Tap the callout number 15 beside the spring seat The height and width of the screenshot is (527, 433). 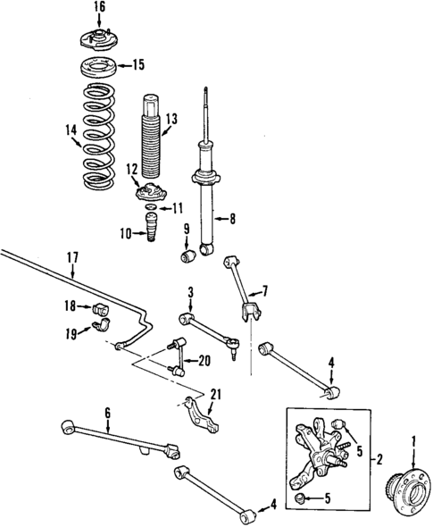point(138,64)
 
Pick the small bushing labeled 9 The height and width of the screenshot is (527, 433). point(187,258)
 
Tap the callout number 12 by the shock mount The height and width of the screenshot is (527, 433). point(132,169)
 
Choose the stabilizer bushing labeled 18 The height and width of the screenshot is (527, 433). point(100,309)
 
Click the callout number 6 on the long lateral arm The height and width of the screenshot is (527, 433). point(107,412)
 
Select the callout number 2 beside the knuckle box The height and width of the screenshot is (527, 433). point(379,460)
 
